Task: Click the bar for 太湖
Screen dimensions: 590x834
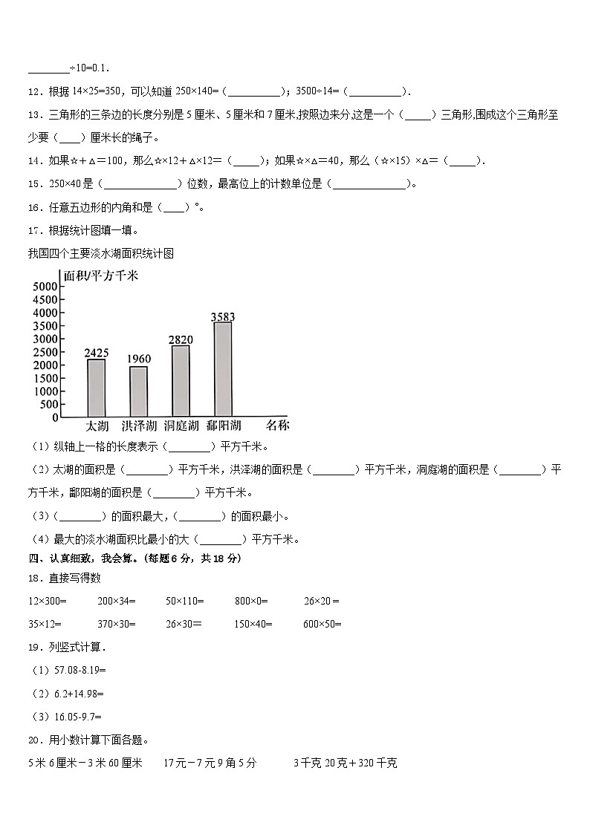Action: [96, 388]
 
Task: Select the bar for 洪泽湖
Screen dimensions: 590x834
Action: [138, 391]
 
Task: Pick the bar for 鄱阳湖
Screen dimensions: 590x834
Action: [223, 369]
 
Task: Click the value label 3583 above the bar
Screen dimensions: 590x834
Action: [223, 317]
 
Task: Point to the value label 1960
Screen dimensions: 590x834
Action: [139, 359]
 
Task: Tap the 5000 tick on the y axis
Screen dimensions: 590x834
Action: [46, 287]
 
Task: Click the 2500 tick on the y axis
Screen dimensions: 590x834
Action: [46, 352]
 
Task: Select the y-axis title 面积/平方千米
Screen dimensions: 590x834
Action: [101, 276]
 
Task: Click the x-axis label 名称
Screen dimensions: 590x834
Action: [277, 426]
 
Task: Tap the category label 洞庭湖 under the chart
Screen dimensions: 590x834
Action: [181, 426]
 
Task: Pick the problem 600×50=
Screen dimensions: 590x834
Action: [322, 624]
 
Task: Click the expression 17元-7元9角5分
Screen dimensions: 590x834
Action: [210, 763]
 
